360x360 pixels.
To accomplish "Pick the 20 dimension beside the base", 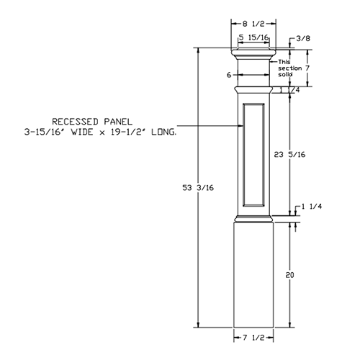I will [289, 274].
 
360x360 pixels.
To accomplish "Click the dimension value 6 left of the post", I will [228, 75].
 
